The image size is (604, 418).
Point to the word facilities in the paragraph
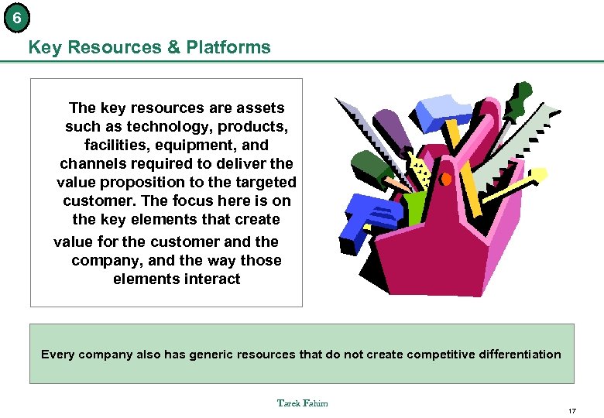point(116,146)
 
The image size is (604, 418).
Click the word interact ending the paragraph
point(210,279)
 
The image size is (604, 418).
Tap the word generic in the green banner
point(201,355)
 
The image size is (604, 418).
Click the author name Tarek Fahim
point(302,403)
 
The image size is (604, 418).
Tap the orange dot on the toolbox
point(445,179)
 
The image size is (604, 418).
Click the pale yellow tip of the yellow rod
point(534,176)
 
